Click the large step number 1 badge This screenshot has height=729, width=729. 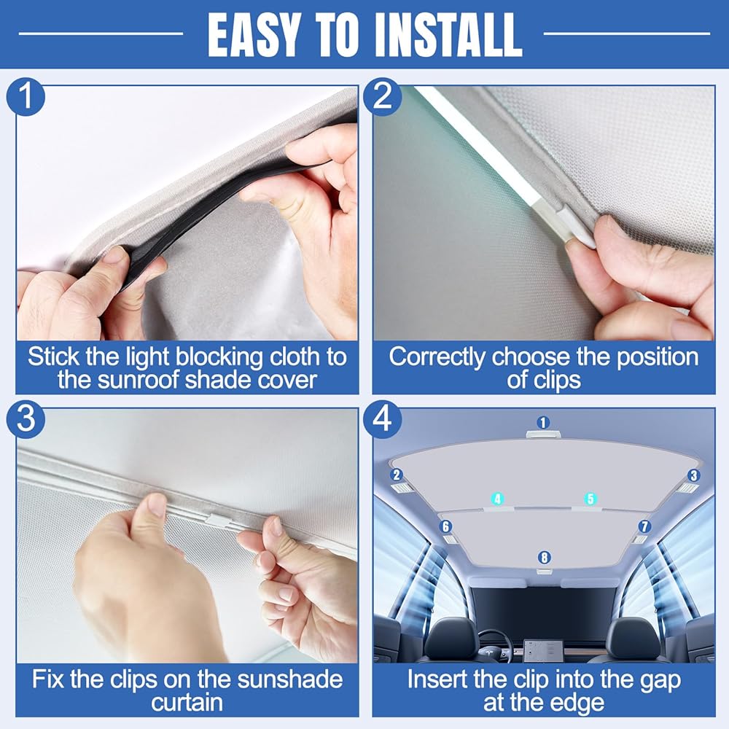[x=26, y=97]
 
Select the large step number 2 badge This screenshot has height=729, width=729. [x=382, y=97]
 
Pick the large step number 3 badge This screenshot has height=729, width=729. [x=26, y=419]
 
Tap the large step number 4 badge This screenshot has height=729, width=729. [x=382, y=419]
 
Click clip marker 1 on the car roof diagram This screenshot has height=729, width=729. [x=543, y=423]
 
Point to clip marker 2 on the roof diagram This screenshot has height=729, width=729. [x=397, y=475]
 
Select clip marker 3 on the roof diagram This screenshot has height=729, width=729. [x=694, y=475]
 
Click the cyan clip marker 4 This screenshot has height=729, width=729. [x=498, y=499]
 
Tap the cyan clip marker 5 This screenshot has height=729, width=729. [x=590, y=499]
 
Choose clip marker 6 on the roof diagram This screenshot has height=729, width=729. [x=446, y=526]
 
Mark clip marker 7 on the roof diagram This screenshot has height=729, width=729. [x=644, y=526]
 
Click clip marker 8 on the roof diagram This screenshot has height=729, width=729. [x=544, y=558]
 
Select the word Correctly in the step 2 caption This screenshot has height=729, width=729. [x=437, y=357]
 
